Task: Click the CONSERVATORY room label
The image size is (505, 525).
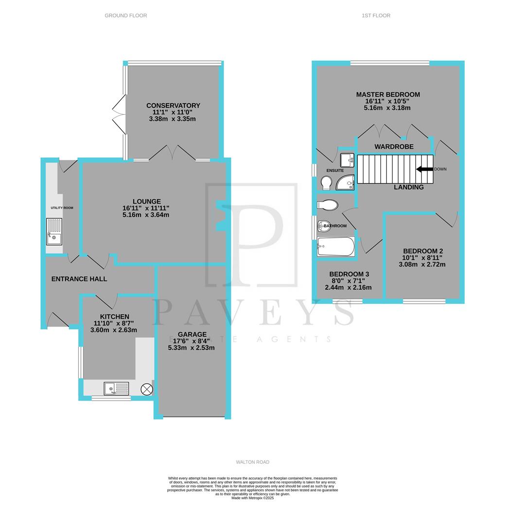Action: point(173,105)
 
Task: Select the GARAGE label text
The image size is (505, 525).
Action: point(192,334)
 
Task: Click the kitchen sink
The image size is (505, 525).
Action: point(116,388)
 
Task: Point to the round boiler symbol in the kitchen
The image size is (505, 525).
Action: point(146,388)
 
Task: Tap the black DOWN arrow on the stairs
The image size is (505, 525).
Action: point(424,169)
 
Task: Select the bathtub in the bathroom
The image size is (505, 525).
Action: point(336,246)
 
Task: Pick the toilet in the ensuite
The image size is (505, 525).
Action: point(326,182)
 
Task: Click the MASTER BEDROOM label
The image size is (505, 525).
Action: point(388,94)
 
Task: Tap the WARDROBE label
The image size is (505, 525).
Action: point(394,146)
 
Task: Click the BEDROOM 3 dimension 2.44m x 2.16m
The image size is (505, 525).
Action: point(348,287)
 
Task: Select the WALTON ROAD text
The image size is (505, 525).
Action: point(252,462)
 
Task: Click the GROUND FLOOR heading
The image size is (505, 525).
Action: point(126,16)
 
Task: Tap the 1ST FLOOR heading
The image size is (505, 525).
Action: point(376,16)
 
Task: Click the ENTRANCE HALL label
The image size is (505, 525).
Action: point(79,279)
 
